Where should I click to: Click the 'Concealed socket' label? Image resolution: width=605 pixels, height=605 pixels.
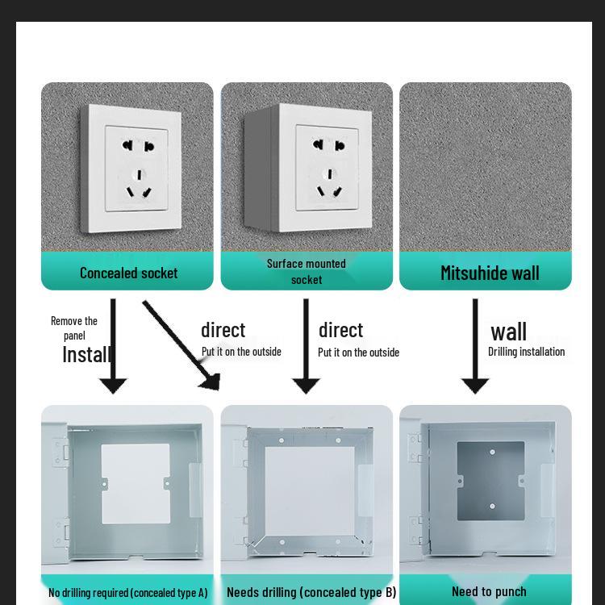[128, 273]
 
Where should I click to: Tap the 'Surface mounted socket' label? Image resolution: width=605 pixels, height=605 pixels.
[307, 271]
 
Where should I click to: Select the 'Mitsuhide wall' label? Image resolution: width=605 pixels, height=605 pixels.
[490, 273]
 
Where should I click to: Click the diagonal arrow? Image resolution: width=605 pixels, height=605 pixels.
[181, 344]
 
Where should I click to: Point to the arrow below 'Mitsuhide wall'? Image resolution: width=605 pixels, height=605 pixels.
[475, 346]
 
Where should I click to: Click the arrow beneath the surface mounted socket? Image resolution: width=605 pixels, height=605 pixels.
[306, 346]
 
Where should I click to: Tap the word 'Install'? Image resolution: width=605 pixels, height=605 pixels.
[86, 354]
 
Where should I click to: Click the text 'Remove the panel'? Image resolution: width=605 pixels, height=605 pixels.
[74, 328]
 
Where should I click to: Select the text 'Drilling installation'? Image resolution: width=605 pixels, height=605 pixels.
[526, 352]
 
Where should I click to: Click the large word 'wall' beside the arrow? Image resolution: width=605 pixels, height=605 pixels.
[508, 332]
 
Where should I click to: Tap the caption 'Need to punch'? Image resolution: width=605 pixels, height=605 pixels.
[489, 591]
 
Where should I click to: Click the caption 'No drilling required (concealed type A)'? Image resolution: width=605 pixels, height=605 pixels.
[127, 592]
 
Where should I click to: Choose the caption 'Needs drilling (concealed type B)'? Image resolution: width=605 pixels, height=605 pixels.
[311, 592]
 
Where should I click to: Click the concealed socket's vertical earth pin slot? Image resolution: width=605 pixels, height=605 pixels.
[140, 175]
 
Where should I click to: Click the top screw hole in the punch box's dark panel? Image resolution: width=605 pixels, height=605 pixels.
[492, 452]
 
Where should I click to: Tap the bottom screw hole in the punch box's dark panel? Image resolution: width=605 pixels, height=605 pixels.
[492, 507]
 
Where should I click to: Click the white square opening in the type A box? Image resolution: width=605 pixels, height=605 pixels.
[136, 483]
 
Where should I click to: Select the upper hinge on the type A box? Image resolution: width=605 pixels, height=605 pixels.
[60, 451]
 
